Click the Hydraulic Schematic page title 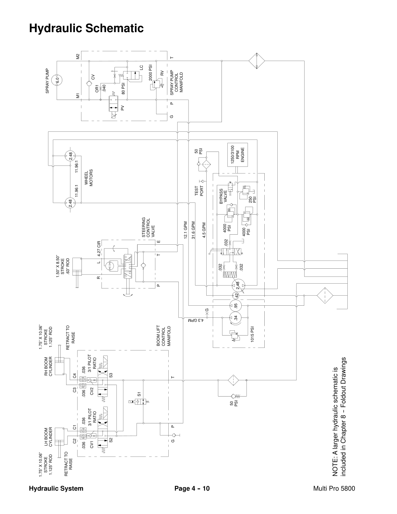(86, 28)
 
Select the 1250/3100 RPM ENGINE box (237, 155)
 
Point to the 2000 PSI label (150, 72)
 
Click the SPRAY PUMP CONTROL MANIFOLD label (177, 82)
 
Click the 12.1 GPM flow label (186, 230)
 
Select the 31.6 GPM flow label (193, 230)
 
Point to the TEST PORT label (199, 191)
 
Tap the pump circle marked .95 (235, 306)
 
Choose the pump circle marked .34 (235, 318)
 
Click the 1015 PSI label (252, 334)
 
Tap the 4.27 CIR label (99, 249)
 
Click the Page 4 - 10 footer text (192, 488)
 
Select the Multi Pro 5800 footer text (334, 488)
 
